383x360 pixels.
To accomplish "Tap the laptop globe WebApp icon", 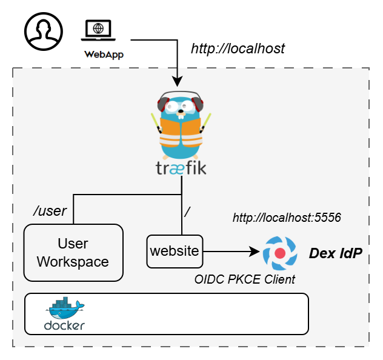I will point(98,29).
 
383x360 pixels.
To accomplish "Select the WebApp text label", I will point(104,54).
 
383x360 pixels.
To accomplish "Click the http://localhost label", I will point(238,48).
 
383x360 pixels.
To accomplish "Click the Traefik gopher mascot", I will point(181,124).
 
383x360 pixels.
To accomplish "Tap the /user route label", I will point(50,211).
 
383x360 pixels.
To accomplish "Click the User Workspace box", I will point(73,252).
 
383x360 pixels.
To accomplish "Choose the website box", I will point(175,251).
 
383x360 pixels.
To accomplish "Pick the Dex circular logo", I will point(279,253).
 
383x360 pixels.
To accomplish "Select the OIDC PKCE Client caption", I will point(245,279).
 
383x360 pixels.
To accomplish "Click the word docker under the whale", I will point(64,325).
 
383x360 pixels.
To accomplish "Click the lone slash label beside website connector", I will point(188,211).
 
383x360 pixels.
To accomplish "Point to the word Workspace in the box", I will point(73,262).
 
